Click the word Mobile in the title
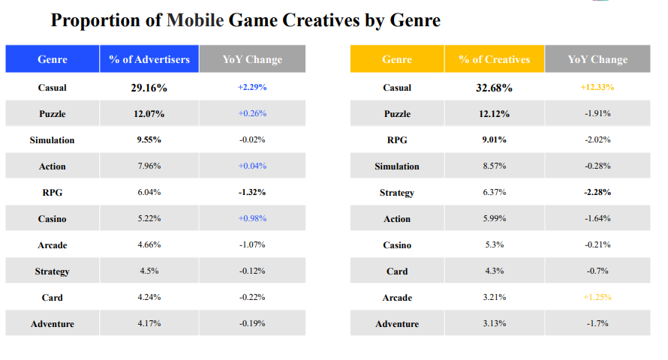coord(195,20)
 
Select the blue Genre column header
coord(53,59)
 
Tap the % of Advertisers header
coord(149,59)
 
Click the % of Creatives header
coord(494,59)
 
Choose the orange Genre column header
coord(397,59)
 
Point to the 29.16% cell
coord(149,88)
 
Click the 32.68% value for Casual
coord(494,88)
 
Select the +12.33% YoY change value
coord(597,87)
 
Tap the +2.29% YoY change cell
coord(252,87)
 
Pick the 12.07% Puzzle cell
coord(149,114)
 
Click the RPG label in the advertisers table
coord(53,193)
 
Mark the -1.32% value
coord(252,192)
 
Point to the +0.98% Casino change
coord(252,218)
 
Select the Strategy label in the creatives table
coord(397,193)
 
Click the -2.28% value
coord(597,192)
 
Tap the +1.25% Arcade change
coord(597,297)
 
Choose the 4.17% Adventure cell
coord(149,323)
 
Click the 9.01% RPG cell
coord(494,139)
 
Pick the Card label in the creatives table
coord(397,271)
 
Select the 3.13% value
coord(494,323)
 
